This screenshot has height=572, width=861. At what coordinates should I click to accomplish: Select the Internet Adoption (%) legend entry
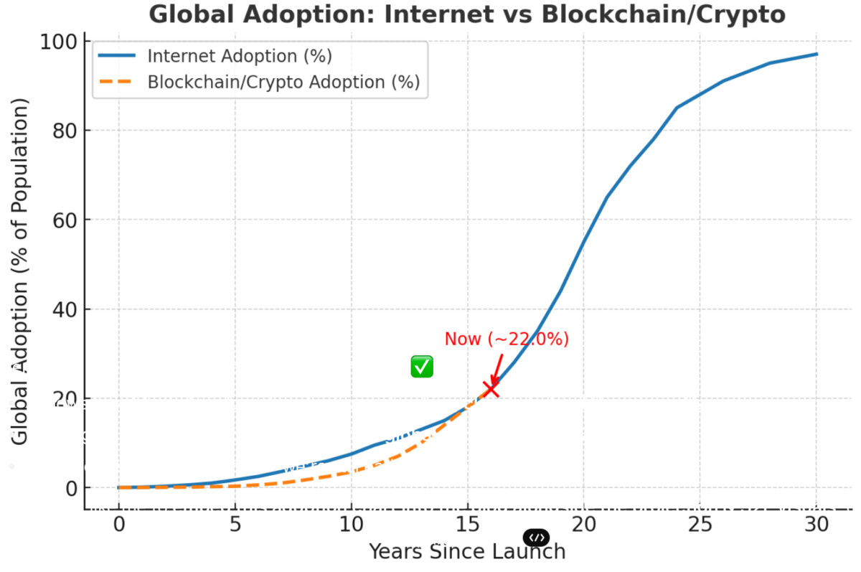239,56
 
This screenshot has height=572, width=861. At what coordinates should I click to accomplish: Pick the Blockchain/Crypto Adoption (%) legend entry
283,82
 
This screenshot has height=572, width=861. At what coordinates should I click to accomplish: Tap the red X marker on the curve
491,389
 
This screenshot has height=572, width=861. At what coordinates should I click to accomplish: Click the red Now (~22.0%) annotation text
507,339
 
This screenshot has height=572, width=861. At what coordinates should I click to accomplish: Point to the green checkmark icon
422,366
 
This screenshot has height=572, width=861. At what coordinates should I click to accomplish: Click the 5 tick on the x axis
235,525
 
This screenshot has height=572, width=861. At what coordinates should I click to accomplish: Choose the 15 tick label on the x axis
467,525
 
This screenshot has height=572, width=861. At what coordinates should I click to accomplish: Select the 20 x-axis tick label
583,525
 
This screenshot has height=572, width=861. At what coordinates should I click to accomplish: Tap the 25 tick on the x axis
700,525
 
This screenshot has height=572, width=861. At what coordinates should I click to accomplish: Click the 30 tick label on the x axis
816,525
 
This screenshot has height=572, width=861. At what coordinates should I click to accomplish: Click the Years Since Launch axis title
466,551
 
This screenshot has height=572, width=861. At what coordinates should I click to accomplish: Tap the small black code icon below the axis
537,538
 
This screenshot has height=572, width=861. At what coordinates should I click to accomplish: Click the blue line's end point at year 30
817,54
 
